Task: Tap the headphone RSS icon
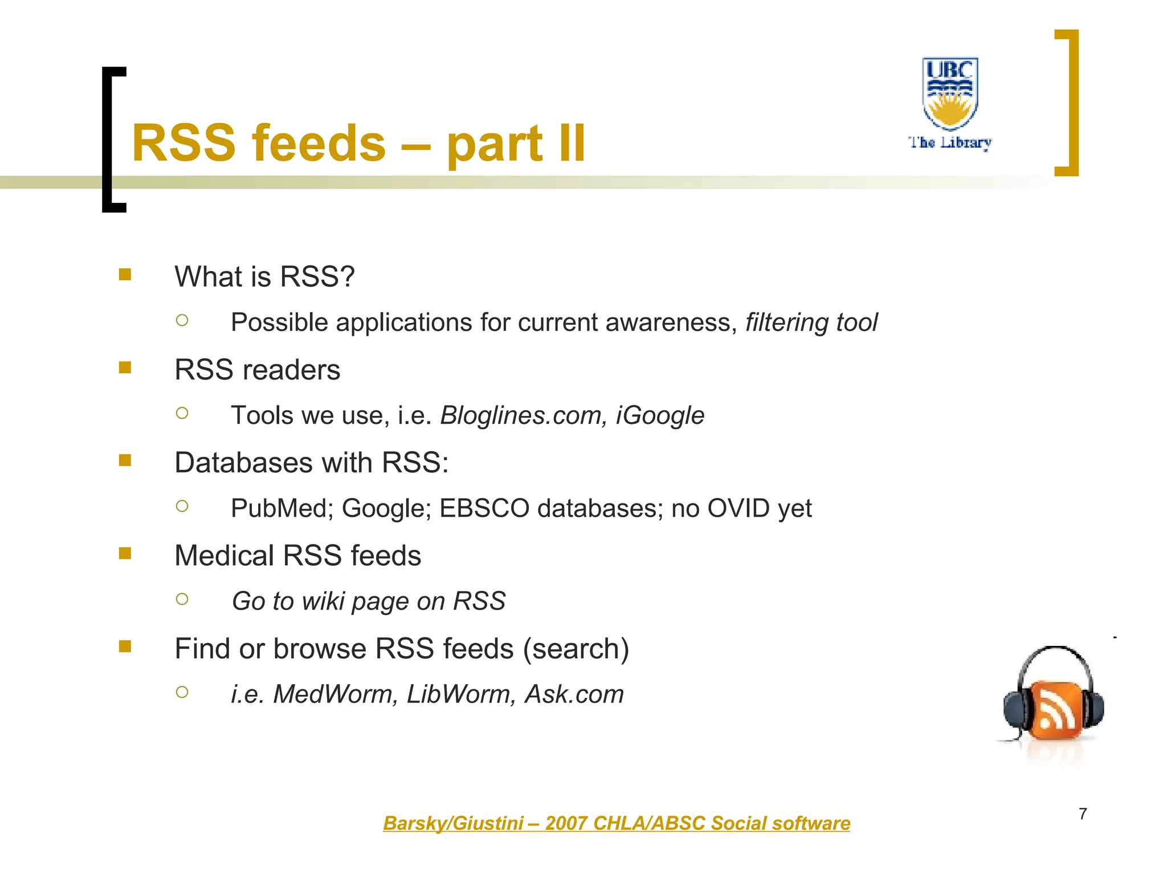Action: point(1054,701)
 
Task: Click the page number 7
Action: point(1083,814)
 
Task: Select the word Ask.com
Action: point(574,694)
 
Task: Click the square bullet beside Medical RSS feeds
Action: point(125,553)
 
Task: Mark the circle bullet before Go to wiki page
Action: point(182,599)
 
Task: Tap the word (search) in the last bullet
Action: point(576,649)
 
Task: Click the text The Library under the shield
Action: point(950,142)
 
